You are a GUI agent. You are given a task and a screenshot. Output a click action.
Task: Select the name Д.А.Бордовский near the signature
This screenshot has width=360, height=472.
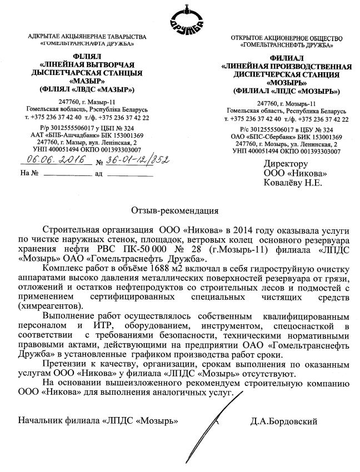[284, 421]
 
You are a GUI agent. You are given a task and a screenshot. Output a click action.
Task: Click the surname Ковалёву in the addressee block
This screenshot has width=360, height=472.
[283, 183]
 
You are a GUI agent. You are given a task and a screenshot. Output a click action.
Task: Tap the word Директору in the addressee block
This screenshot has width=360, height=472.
[286, 164]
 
